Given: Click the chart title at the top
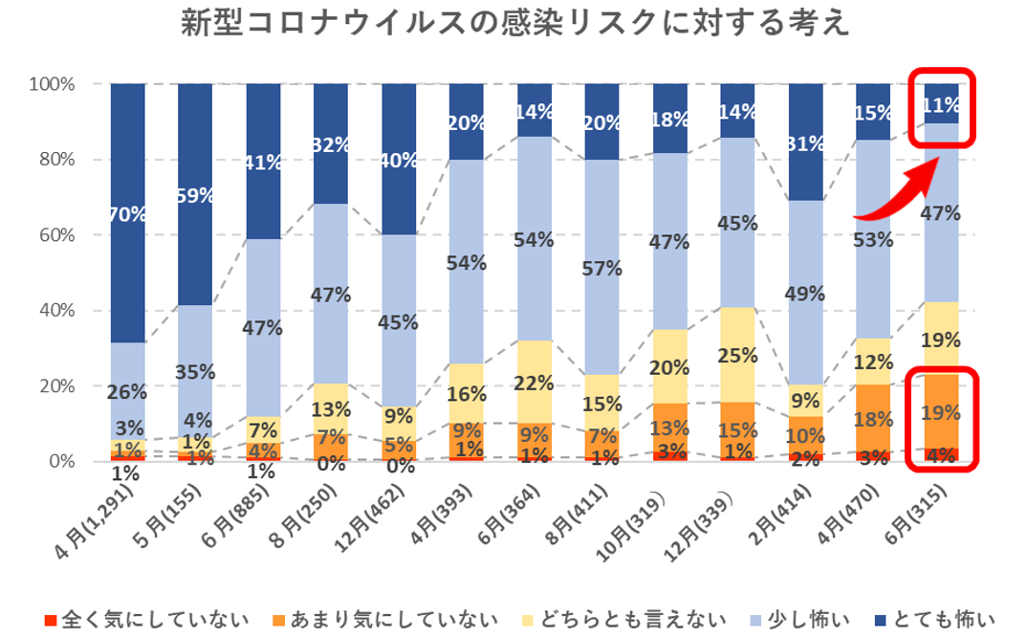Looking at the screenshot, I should click(515, 24).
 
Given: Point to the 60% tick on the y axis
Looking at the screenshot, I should click(53, 234).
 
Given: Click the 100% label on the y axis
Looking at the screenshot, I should click(48, 84).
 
